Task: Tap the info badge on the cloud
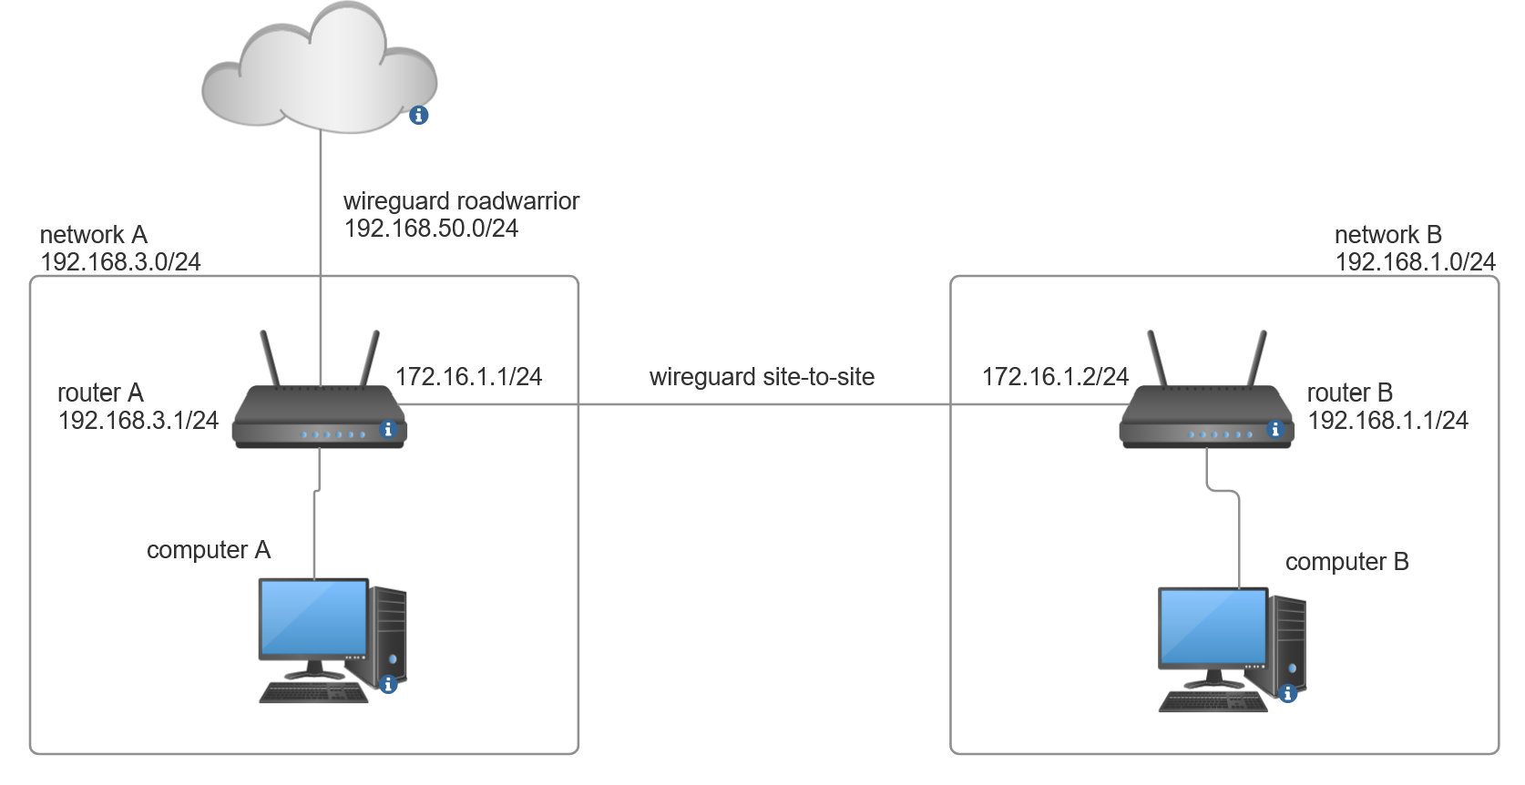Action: [418, 115]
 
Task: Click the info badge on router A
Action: [388, 429]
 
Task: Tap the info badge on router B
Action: [1275, 429]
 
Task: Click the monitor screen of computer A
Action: [313, 617]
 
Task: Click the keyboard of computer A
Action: [313, 693]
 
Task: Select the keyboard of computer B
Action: [1213, 703]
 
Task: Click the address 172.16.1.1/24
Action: [468, 377]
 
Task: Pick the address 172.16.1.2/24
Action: [1055, 377]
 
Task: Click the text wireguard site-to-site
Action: [762, 377]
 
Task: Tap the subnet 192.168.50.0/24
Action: [431, 229]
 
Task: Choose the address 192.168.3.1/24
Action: [138, 421]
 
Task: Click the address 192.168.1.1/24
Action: [1387, 421]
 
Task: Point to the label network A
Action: [93, 235]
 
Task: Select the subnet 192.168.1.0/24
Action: [1415, 262]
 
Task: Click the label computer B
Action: [1346, 562]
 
